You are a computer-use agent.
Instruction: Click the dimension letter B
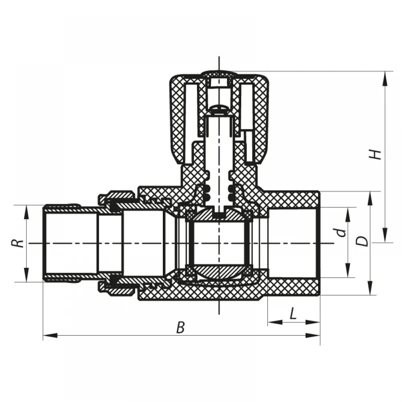point(180,327)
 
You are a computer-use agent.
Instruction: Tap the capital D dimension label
point(362,241)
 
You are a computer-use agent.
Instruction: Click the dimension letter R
point(18,243)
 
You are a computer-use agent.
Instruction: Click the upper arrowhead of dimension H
point(385,78)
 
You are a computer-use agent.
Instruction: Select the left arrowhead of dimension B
point(50,335)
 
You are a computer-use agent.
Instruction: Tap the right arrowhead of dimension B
point(313,335)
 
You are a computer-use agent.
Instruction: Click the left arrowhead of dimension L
point(275,322)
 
